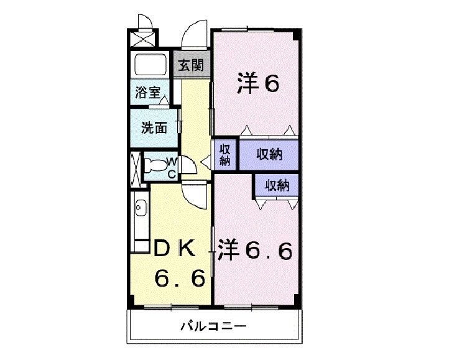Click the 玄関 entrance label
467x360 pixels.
191,65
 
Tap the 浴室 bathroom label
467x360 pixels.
148,92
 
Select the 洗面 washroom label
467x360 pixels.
154,127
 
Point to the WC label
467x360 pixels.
172,168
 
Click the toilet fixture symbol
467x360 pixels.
155,165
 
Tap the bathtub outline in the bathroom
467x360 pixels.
150,65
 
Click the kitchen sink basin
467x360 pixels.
141,207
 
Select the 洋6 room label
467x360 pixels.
258,84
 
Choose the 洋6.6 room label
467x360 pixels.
255,249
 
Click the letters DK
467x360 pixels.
175,248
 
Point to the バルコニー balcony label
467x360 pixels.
214,326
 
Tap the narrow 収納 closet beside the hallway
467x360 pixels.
224,154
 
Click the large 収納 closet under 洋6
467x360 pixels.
269,154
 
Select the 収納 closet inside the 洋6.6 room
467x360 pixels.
277,185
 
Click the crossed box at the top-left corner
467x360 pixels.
143,38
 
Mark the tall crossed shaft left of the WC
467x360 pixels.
136,168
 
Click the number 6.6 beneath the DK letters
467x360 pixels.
180,278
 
